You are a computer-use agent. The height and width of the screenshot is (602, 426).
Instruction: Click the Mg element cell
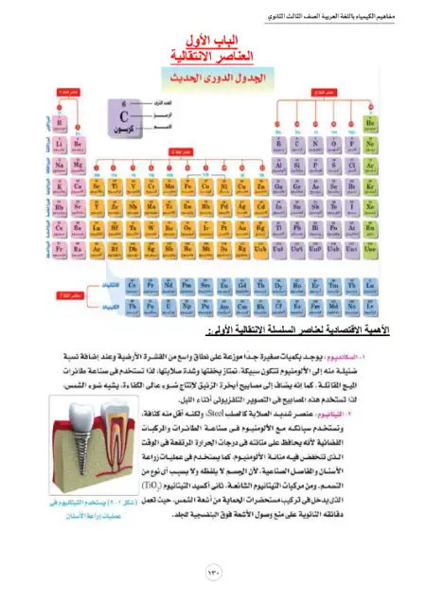point(78,164)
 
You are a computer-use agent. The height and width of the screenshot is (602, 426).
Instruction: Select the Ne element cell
point(372,144)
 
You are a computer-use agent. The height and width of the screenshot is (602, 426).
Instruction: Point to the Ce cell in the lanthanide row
point(133,284)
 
